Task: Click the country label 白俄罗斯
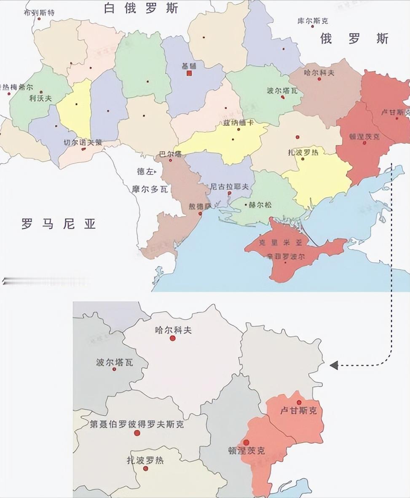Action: tap(142, 8)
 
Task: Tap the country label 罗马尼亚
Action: tap(59, 224)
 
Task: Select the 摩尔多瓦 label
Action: tap(150, 190)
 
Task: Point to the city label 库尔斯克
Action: tap(313, 20)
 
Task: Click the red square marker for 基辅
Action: tap(189, 73)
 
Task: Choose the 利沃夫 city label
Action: tap(40, 98)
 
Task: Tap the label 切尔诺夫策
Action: tap(82, 142)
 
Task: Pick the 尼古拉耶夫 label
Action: tap(229, 186)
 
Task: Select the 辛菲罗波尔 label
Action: tap(286, 256)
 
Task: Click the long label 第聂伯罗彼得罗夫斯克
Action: tap(137, 424)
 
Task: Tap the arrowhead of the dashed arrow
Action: tap(334, 365)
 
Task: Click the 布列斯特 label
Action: tap(39, 12)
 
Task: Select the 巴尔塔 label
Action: tap(170, 154)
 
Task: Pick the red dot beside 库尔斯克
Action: tap(313, 26)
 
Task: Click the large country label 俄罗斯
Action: tap(354, 39)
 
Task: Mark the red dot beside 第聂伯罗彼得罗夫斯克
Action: tap(137, 433)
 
